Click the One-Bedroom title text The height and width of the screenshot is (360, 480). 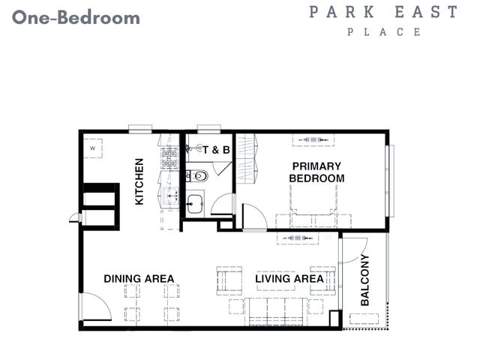tap(76, 17)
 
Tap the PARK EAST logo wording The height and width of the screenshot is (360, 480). tap(383, 12)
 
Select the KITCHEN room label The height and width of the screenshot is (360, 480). tap(139, 181)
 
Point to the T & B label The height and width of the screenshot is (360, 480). tap(216, 150)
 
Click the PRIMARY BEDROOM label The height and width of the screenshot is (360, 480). tap(316, 172)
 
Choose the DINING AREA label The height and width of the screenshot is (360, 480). tap(139, 278)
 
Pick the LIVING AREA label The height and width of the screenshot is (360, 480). tap(289, 278)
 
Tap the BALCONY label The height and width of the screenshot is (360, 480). tap(365, 280)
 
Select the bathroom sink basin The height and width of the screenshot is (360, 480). tap(194, 203)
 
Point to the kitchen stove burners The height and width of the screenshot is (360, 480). tap(169, 158)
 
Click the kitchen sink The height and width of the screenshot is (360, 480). tap(171, 195)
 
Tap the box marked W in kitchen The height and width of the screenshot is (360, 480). tap(93, 148)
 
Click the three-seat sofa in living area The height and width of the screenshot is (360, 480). tap(276, 312)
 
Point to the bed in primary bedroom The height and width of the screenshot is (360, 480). tap(313, 200)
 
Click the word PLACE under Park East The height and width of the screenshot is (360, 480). tap(384, 31)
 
